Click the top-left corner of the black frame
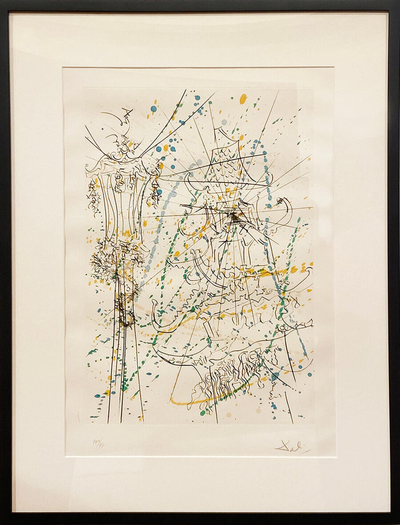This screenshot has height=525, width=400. [x=2, y=2]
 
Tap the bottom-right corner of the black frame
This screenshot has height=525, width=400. [x=398, y=523]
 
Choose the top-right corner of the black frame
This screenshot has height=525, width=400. [x=398, y=2]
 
